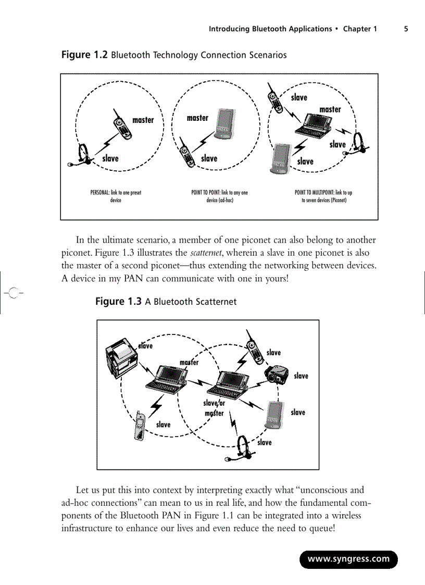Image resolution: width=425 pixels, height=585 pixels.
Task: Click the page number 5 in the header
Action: pyautogui.click(x=406, y=29)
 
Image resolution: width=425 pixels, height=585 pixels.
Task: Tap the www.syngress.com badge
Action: pyautogui.click(x=348, y=559)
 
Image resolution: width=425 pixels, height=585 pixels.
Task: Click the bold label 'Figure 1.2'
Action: pyautogui.click(x=84, y=55)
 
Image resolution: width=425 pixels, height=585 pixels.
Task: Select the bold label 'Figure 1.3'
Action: pyautogui.click(x=118, y=302)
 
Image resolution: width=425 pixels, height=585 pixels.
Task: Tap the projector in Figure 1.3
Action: pyautogui.click(x=277, y=373)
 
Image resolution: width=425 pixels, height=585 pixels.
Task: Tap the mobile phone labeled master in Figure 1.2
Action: pyautogui.click(x=122, y=127)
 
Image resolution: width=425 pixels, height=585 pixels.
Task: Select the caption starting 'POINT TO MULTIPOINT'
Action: pyautogui.click(x=323, y=196)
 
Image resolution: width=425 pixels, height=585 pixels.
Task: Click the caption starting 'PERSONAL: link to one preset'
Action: pyautogui.click(x=116, y=196)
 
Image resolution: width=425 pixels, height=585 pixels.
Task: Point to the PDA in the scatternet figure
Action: pyautogui.click(x=273, y=414)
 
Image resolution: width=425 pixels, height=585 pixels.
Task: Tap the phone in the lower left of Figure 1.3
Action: pyautogui.click(x=139, y=426)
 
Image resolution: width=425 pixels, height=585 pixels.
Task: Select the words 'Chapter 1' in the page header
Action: pyautogui.click(x=360, y=29)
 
